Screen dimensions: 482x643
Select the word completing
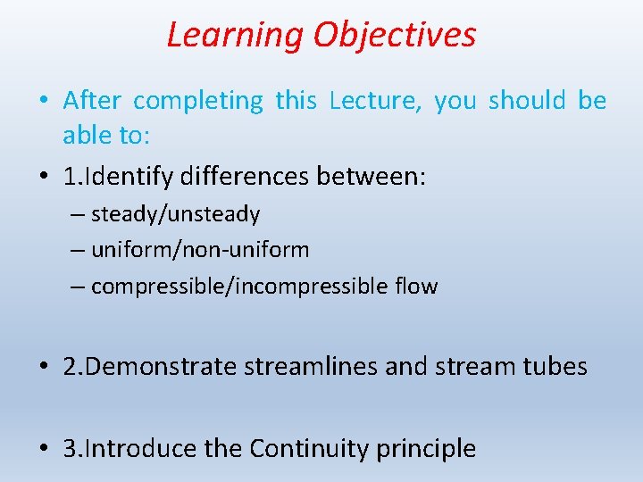coord(197,101)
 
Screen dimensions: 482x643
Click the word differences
coord(246,177)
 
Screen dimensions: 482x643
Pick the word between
coord(372,177)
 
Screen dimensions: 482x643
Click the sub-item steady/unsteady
coord(175,214)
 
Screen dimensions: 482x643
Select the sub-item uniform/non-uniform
coord(200,250)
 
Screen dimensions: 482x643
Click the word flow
coord(416,287)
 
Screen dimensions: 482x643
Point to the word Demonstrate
coord(164,367)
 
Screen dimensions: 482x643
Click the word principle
coord(430,448)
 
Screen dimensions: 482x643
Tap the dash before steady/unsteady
coord(78,215)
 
